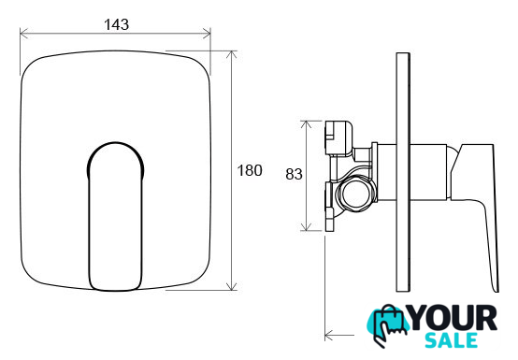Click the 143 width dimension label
116,24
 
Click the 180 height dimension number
250,170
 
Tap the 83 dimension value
294,174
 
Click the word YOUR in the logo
453,318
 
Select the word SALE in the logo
452,340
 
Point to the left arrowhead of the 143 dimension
23,33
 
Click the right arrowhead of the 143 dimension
207,33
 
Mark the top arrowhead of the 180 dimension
232,54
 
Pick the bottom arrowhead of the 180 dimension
232,286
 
